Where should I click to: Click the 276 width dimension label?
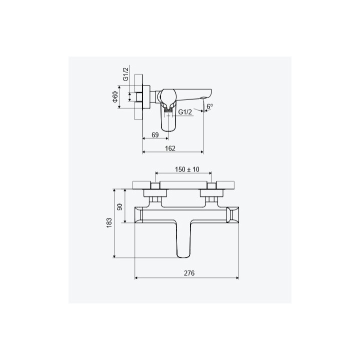(x=189, y=273)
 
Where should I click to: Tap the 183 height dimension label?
(x=109, y=222)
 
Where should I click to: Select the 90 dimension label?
(x=120, y=207)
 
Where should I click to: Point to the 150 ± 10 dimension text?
(x=187, y=169)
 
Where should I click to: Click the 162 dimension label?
(x=170, y=148)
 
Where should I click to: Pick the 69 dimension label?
(x=155, y=135)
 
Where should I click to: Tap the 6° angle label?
(x=209, y=106)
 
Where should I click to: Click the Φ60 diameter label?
(x=115, y=97)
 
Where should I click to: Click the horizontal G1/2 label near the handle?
(x=185, y=112)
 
